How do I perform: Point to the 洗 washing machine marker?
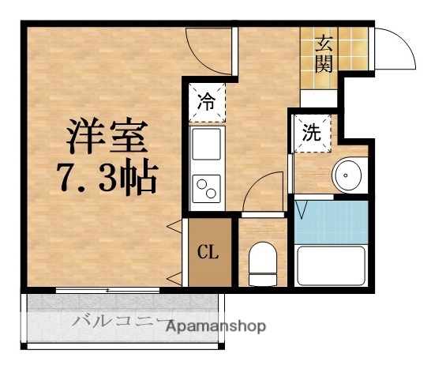click(312, 132)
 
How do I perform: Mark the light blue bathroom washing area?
click(332, 222)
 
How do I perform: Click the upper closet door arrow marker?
click(174, 229)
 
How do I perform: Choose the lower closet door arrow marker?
click(174, 277)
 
